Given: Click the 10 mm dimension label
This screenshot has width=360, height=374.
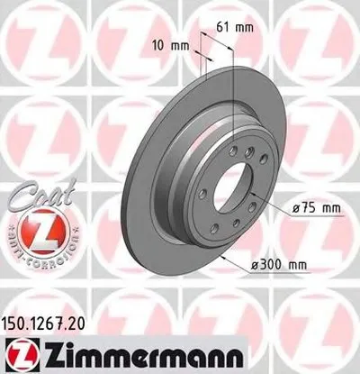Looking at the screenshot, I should [x=170, y=43].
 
